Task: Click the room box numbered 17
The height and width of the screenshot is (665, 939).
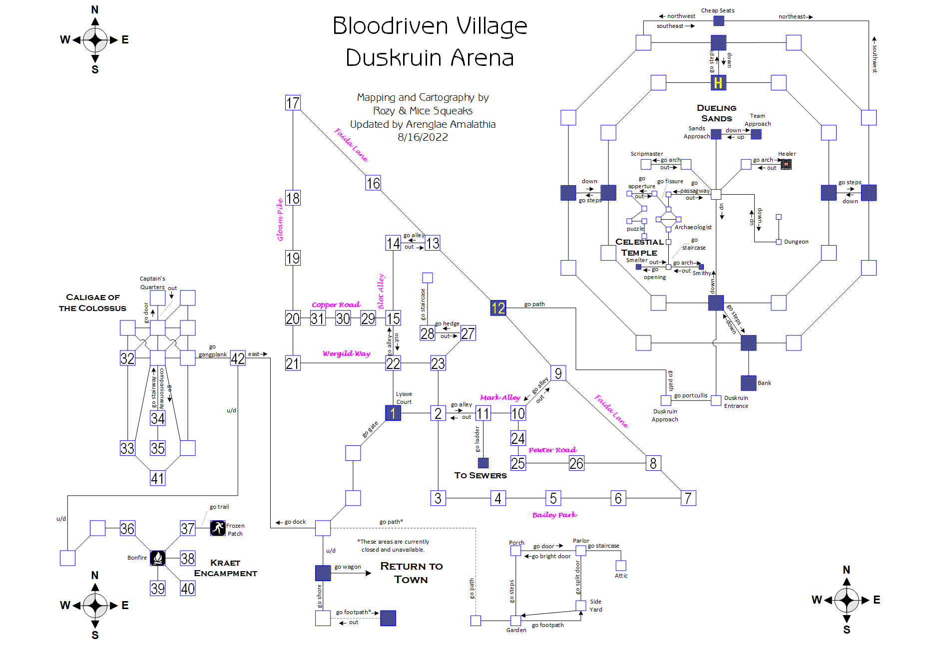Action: (293, 103)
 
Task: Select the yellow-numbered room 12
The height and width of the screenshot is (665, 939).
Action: (498, 308)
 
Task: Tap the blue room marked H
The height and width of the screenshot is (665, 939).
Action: (718, 83)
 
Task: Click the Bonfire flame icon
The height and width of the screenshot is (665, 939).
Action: (158, 558)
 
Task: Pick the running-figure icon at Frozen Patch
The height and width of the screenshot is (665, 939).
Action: (218, 528)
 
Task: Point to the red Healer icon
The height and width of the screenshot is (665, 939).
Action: (786, 164)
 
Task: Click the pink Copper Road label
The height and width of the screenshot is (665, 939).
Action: (336, 305)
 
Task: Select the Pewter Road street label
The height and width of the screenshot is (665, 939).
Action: (552, 450)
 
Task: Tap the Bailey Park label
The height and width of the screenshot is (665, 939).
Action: (554, 515)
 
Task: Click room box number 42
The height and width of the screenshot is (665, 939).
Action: (238, 358)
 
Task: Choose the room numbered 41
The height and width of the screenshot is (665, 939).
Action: (158, 478)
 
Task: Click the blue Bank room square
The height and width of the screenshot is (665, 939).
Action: (748, 383)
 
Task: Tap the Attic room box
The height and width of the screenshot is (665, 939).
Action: (621, 565)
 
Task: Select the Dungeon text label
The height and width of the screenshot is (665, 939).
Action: (796, 242)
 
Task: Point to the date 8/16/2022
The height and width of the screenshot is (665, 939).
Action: (423, 137)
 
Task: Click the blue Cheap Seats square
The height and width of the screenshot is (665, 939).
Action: (718, 20)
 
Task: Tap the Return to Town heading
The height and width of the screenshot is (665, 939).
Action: (411, 573)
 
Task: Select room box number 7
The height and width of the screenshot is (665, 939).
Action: (688, 498)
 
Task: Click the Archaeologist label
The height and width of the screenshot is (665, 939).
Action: (693, 227)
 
